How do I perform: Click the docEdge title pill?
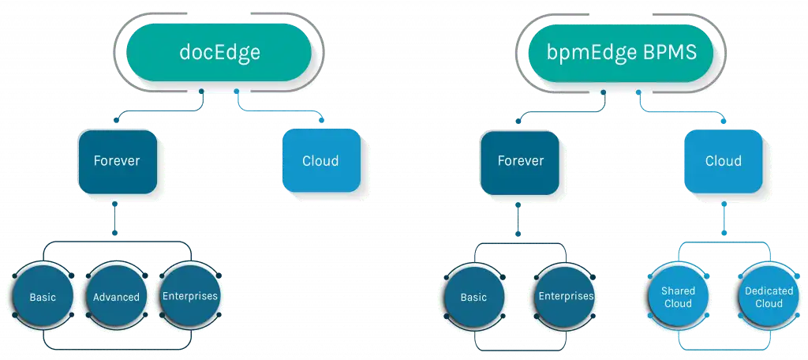pyautogui.click(x=219, y=53)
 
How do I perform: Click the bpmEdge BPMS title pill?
pyautogui.click(x=621, y=53)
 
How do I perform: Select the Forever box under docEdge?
pyautogui.click(x=117, y=161)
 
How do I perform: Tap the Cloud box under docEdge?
pyautogui.click(x=321, y=160)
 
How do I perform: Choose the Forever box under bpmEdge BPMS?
pyautogui.click(x=521, y=161)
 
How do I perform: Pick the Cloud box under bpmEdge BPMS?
pyautogui.click(x=724, y=160)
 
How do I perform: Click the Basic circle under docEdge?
pyautogui.click(x=43, y=297)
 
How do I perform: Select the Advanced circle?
pyautogui.click(x=117, y=297)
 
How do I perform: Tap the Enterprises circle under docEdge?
pyautogui.click(x=190, y=296)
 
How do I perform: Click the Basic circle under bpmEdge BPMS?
pyautogui.click(x=473, y=297)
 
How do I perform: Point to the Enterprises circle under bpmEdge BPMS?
pyautogui.click(x=565, y=296)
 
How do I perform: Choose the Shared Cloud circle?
pyautogui.click(x=678, y=297)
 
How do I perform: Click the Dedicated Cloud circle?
pyautogui.click(x=769, y=297)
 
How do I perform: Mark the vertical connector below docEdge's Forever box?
pyautogui.click(x=115, y=219)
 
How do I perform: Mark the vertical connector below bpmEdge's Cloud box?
pyautogui.click(x=724, y=218)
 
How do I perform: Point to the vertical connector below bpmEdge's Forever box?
pyautogui.click(x=518, y=219)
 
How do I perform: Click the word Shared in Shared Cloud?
pyautogui.click(x=678, y=291)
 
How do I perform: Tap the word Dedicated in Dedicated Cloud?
pyautogui.click(x=769, y=291)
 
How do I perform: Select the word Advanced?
pyautogui.click(x=117, y=297)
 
